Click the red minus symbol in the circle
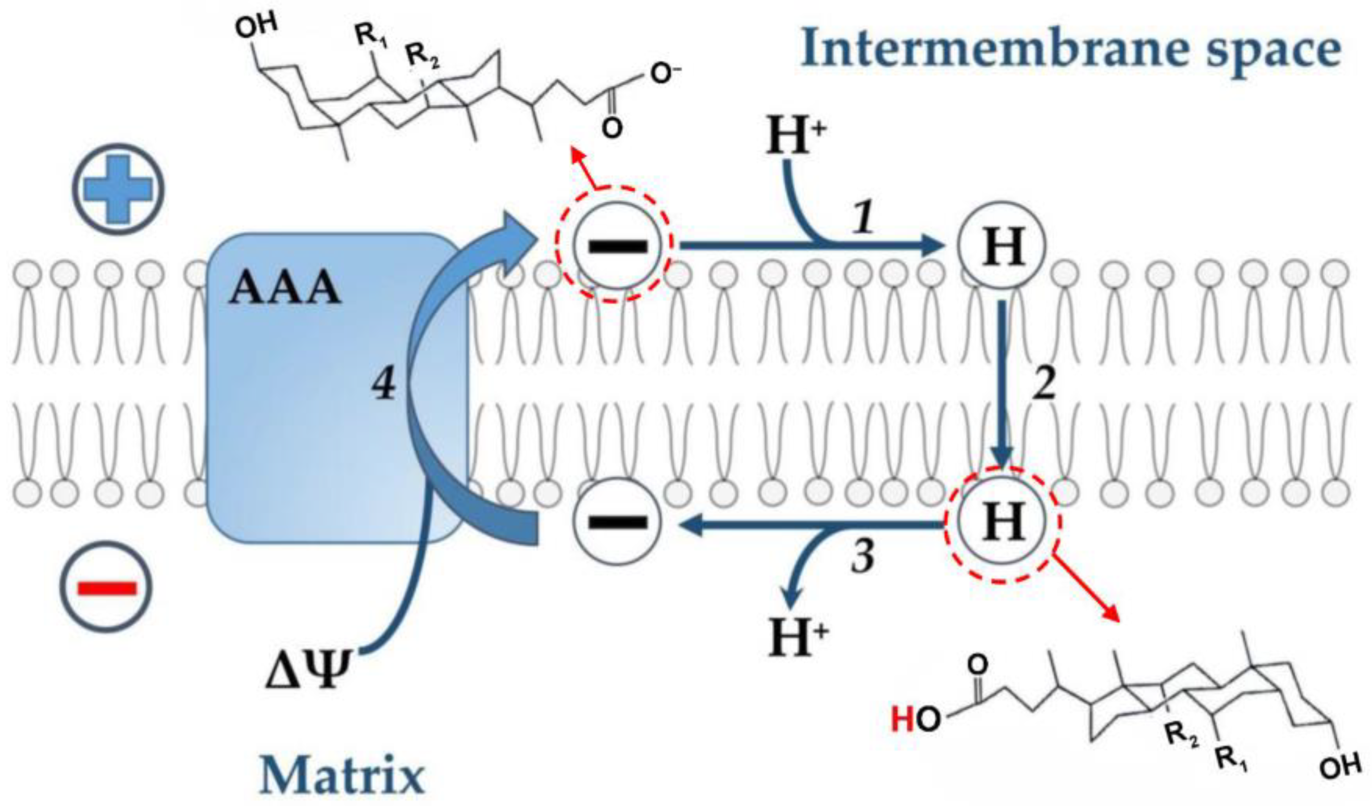click(x=107, y=588)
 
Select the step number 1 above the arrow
click(x=862, y=220)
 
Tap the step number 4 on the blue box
click(x=384, y=386)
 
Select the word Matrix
click(x=342, y=775)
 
